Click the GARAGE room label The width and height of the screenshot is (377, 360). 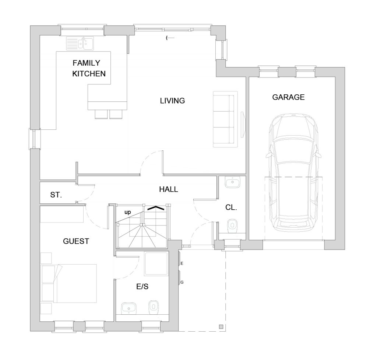[x=288, y=97]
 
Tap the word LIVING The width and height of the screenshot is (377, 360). [x=172, y=101]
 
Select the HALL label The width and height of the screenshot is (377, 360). [x=169, y=189]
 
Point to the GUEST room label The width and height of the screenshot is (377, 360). [x=76, y=241]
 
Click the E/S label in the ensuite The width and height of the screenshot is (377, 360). [x=142, y=286]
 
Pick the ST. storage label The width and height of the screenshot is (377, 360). [x=56, y=195]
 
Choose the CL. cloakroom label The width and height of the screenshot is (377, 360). [x=231, y=207]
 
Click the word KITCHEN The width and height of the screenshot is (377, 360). [x=89, y=74]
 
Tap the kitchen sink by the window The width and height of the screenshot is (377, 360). [x=80, y=43]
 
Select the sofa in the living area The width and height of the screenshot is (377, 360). [x=225, y=119]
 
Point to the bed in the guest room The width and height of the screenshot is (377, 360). [x=69, y=283]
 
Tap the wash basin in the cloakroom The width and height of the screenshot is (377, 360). [x=233, y=182]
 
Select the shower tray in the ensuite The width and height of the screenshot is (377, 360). [x=156, y=263]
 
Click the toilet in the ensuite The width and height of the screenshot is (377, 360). [x=154, y=307]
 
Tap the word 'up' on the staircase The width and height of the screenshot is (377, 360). [x=128, y=212]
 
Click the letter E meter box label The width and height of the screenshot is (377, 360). [x=182, y=263]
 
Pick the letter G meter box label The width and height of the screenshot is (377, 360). [x=182, y=282]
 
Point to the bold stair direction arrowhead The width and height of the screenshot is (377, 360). [x=156, y=208]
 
